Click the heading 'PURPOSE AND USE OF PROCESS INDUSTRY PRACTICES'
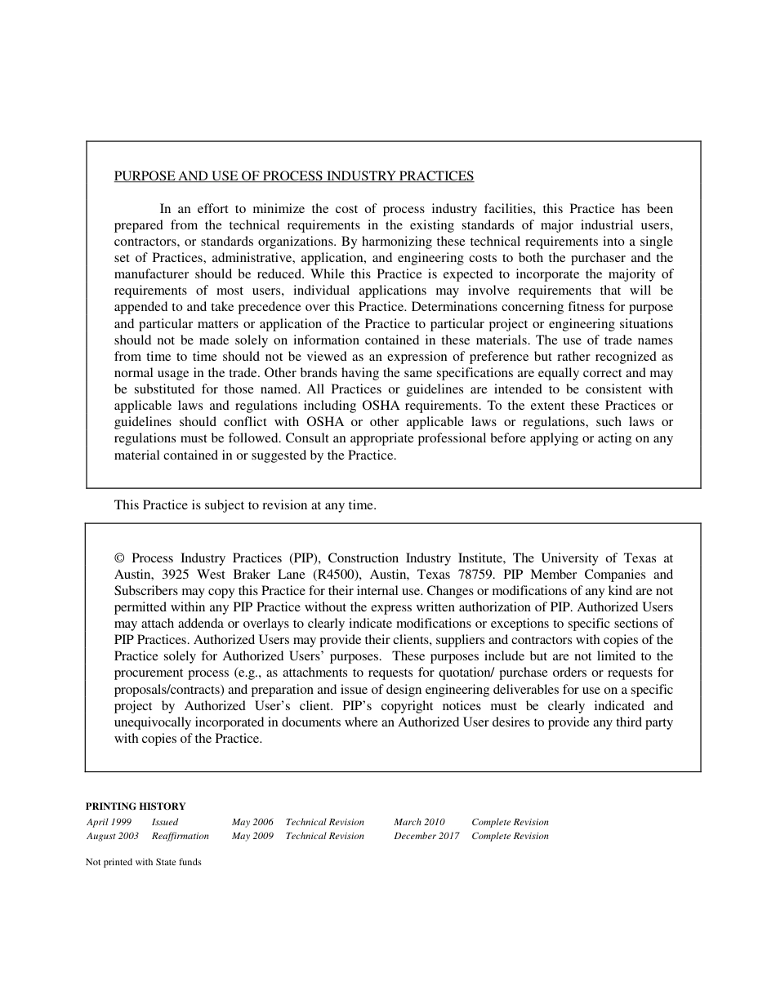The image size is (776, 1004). pyautogui.click(x=293, y=175)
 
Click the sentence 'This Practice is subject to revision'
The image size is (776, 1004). pyautogui.click(x=245, y=505)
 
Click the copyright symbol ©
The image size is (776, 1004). pyautogui.click(x=119, y=558)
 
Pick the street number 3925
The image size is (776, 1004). pyautogui.click(x=177, y=575)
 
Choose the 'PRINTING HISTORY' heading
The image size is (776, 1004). pyautogui.click(x=136, y=806)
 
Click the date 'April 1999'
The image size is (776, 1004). pyautogui.click(x=109, y=822)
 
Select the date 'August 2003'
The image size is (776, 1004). pyautogui.click(x=113, y=836)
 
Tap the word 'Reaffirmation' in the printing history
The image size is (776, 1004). pyautogui.click(x=181, y=836)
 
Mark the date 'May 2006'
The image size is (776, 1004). pyautogui.click(x=252, y=822)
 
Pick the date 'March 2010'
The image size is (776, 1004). pyautogui.click(x=419, y=822)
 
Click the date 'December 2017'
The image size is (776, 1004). pyautogui.click(x=426, y=836)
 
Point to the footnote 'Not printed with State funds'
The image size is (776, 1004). pyautogui.click(x=143, y=862)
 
